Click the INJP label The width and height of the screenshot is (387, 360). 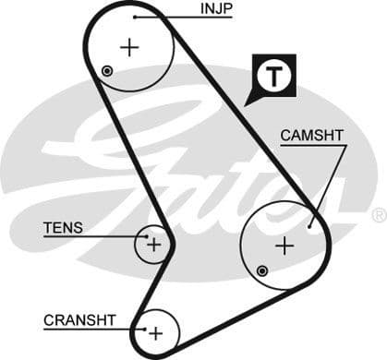(x=216, y=10)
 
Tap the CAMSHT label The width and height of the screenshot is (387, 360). (x=312, y=136)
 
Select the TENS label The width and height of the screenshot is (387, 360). (x=63, y=227)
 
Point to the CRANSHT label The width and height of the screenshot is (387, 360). (x=79, y=320)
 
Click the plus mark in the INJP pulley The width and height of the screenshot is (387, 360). (x=129, y=47)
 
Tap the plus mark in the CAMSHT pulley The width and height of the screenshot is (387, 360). (x=284, y=246)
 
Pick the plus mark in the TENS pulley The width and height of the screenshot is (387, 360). (x=153, y=245)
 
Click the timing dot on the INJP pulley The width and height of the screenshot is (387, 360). (x=108, y=71)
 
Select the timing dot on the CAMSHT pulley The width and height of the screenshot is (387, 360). (x=263, y=270)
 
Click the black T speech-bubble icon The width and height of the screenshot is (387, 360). (x=272, y=78)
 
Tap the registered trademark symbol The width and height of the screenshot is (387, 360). (x=378, y=215)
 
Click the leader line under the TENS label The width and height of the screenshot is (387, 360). (x=92, y=237)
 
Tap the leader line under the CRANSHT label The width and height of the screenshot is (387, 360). (x=92, y=330)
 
